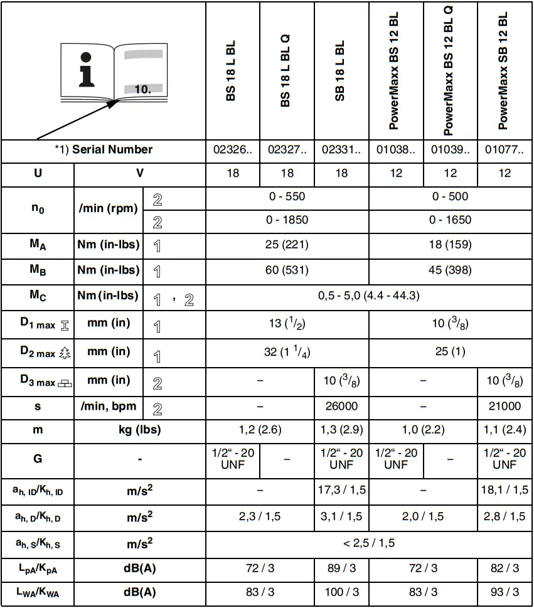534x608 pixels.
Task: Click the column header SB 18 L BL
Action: [x=341, y=72]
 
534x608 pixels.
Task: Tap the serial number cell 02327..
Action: [x=287, y=150]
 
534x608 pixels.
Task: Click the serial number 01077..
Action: [x=505, y=150]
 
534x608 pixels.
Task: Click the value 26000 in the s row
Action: [x=341, y=406]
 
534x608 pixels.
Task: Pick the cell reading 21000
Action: [x=505, y=406]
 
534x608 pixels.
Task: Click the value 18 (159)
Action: [x=450, y=245]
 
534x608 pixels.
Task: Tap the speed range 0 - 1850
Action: [x=287, y=220]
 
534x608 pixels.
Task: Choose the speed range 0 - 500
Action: [x=450, y=196]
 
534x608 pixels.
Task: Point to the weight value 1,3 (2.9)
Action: [x=341, y=431]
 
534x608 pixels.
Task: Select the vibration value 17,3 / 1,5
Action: [x=341, y=489]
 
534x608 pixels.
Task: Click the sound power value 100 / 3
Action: [x=341, y=592]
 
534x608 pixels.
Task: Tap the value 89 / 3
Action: [x=341, y=568]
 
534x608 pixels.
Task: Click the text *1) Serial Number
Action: [x=104, y=150]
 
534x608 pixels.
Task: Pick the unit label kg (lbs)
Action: [x=140, y=431]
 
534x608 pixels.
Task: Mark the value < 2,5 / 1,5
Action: [x=368, y=543]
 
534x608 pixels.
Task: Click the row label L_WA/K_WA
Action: [x=38, y=592]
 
